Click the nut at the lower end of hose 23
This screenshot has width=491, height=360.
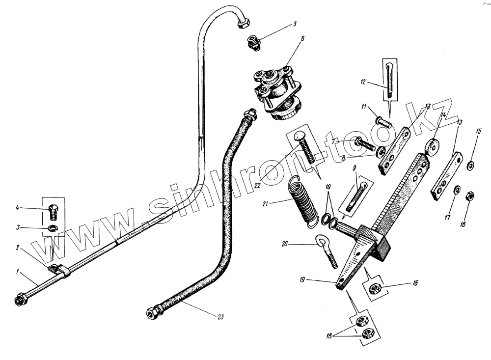(152, 312)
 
